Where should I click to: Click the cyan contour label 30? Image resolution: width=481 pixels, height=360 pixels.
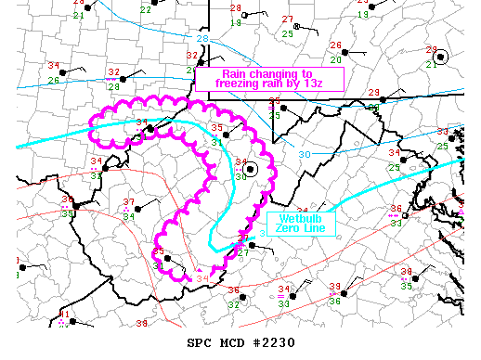point(305,154)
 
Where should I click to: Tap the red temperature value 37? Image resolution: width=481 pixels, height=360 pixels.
point(129,201)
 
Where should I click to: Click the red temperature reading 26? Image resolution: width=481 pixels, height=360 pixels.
point(335,45)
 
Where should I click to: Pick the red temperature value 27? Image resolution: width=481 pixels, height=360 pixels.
point(288,20)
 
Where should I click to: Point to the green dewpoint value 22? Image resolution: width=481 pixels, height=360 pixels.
point(145,9)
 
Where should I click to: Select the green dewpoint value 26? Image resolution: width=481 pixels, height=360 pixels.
point(54,80)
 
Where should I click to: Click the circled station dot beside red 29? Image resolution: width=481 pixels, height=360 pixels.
point(441,57)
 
